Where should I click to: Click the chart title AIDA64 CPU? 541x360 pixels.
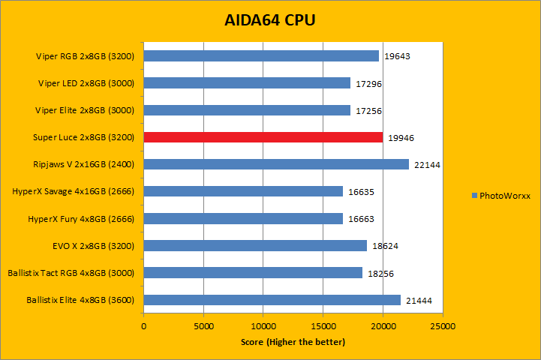[x=270, y=20]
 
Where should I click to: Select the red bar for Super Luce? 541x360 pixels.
[x=263, y=137]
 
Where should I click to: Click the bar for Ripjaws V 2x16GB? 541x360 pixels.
[x=276, y=164]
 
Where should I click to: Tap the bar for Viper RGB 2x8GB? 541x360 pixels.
[x=261, y=55]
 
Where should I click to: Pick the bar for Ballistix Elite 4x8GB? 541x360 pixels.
[x=272, y=300]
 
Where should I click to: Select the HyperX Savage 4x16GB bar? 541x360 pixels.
[x=243, y=191]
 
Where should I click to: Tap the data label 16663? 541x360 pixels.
[x=361, y=219]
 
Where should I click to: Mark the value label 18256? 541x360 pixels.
[x=380, y=274]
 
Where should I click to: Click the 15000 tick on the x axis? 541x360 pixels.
[x=323, y=327]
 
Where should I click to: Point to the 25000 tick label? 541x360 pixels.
[x=443, y=327]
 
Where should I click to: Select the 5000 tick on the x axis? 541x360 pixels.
[x=203, y=327]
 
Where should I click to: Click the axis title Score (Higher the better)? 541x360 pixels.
[x=293, y=342]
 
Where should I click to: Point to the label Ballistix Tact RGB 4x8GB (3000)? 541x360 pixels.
[x=71, y=273]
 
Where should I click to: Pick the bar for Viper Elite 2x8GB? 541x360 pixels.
[x=247, y=110]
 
